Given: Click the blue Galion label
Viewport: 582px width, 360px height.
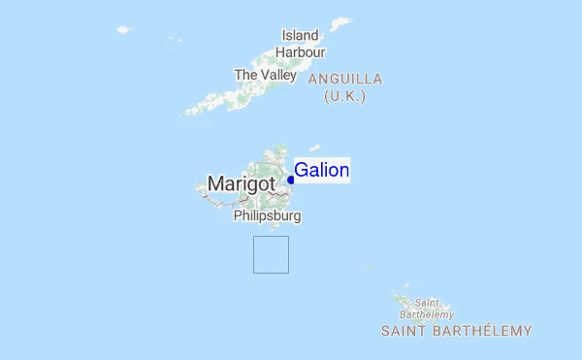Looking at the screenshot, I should point(321,170).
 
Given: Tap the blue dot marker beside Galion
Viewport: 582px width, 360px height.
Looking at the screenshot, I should point(291,180).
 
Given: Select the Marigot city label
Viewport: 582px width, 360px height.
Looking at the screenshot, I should point(243,181).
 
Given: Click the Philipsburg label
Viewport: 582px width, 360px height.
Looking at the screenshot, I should point(267,216).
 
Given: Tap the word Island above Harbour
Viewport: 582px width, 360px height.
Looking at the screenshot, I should point(300,34).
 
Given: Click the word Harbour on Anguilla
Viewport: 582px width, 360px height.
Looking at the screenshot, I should point(300,51).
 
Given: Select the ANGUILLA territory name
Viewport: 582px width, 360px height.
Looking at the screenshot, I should point(345,79).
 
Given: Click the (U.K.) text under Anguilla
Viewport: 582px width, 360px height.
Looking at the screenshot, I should point(345,96).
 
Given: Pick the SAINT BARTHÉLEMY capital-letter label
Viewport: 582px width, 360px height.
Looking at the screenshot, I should point(456,331).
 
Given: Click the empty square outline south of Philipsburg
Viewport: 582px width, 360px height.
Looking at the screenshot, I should point(271,254).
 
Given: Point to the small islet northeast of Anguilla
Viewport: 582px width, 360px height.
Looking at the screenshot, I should point(340,22).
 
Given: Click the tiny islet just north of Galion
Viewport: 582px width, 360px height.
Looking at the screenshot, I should point(314,147).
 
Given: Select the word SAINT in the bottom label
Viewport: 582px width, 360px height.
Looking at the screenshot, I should point(402,331).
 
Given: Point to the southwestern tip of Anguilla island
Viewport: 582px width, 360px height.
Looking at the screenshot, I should point(187,112).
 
